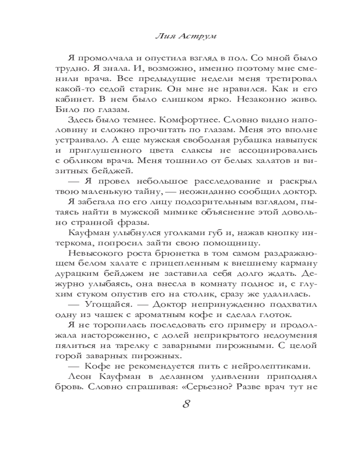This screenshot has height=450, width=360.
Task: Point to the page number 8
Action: (x=185, y=403)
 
